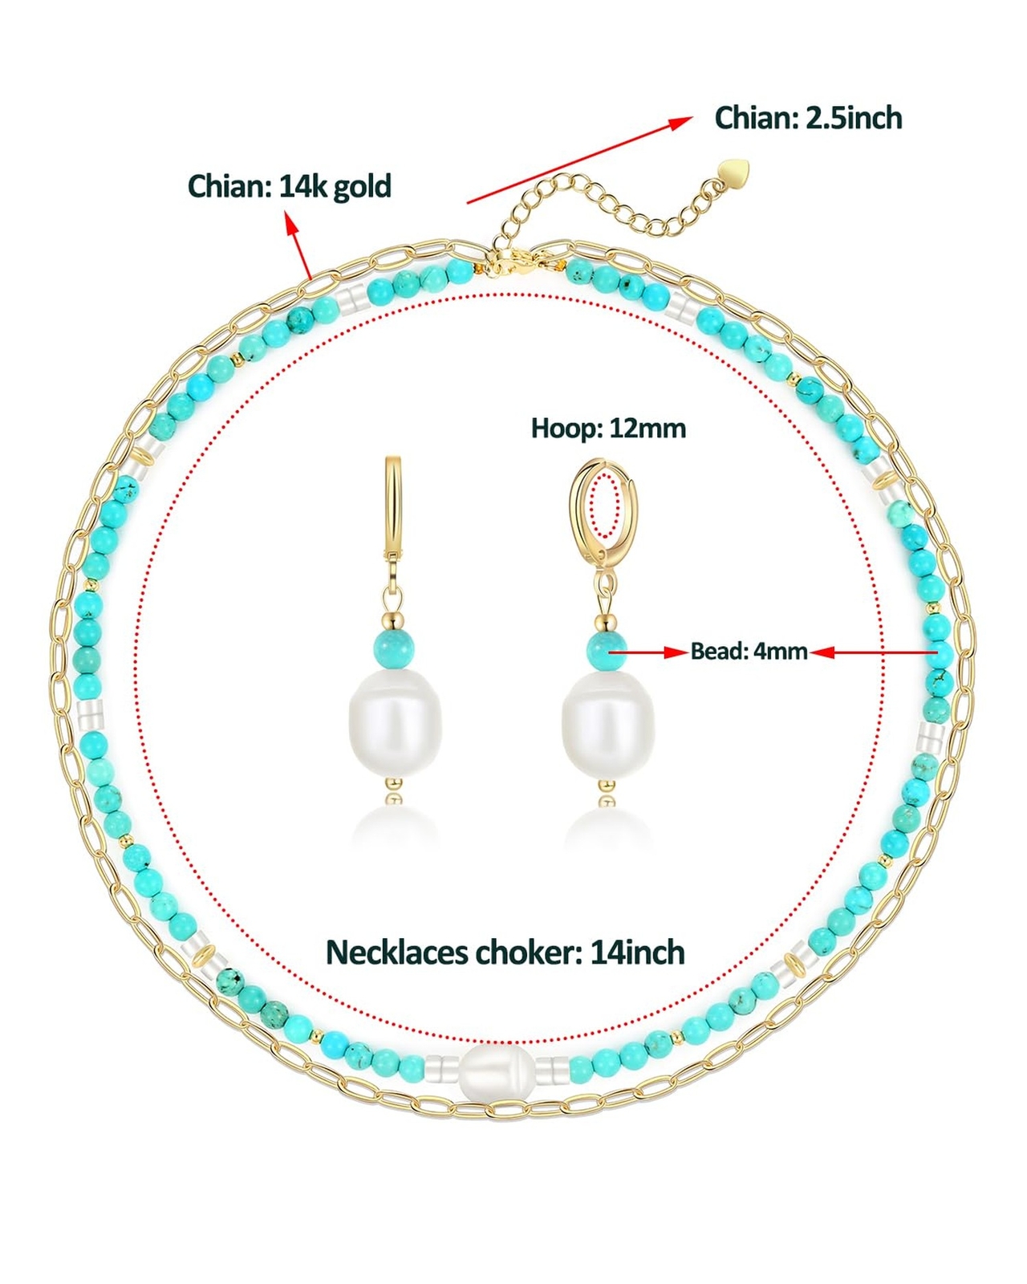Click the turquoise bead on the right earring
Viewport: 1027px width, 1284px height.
[606, 648]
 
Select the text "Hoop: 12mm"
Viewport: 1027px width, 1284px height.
[608, 429]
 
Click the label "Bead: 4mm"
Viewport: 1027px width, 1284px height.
[749, 651]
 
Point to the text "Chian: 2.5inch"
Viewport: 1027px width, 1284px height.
[808, 118]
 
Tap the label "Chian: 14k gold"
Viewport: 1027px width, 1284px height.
[289, 186]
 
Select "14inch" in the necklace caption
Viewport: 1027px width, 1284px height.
[638, 953]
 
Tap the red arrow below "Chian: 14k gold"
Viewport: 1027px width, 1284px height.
[299, 244]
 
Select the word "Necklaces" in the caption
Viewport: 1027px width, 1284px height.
[397, 953]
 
